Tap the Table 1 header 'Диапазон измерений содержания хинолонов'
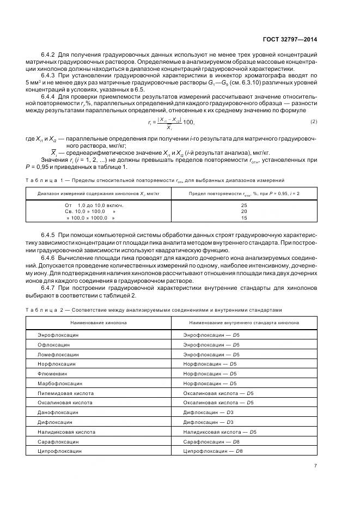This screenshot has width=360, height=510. point(96,193)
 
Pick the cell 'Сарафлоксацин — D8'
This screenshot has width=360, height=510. point(213,442)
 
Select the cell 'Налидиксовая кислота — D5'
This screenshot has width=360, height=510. point(220,432)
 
